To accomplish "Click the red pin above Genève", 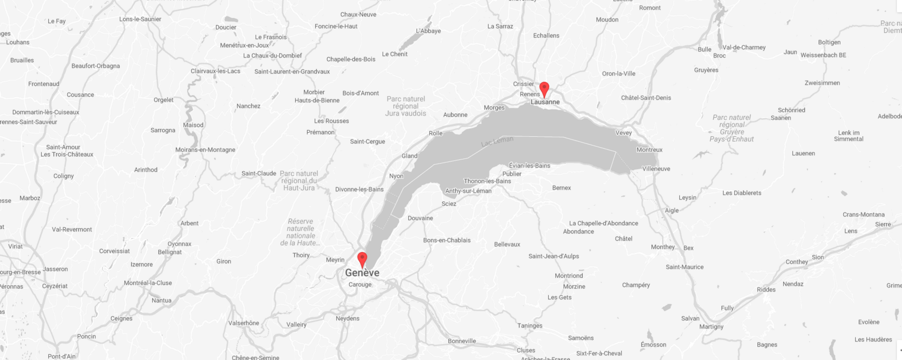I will (362, 258).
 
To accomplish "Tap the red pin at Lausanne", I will (544, 88).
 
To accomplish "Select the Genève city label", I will (362, 273).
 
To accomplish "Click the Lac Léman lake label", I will (497, 141).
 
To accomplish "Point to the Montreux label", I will (649, 150).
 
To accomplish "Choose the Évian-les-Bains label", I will (529, 166).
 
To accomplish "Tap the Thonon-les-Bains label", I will (487, 181).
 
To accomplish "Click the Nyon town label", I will (396, 176).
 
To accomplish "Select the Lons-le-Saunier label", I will (140, 19).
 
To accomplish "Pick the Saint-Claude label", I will (258, 173).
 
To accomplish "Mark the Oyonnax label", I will (179, 244).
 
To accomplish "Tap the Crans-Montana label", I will (863, 215).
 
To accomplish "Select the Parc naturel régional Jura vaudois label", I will (405, 106).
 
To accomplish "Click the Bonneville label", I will (462, 341).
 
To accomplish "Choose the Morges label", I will (494, 108).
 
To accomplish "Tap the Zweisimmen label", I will (822, 83).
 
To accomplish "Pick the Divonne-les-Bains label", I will (359, 189).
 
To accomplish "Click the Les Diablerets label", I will (742, 193).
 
